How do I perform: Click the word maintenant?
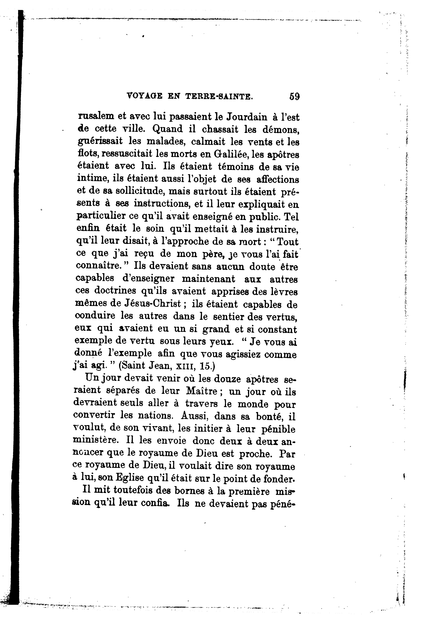click(209, 279)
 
